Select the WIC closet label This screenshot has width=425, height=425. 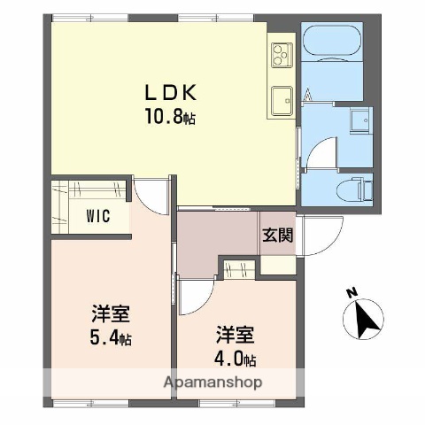[x=98, y=216]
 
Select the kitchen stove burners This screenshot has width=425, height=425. [x=282, y=54]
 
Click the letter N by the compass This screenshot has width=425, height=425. [x=352, y=292]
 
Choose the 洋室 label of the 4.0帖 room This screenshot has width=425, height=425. [x=236, y=336]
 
